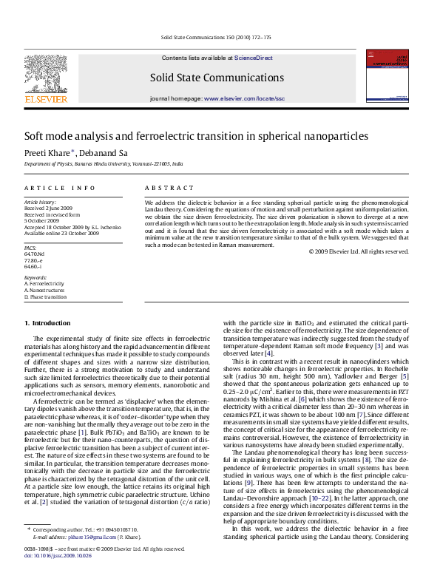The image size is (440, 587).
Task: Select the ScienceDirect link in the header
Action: pos(254,58)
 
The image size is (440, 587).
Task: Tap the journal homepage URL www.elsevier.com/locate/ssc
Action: pos(244,98)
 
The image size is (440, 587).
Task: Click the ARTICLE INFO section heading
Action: pos(60,189)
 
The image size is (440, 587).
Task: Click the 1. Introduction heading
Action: pos(48,323)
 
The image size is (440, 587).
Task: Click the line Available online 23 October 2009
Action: pos(61,232)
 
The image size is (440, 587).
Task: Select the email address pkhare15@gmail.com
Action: pos(81,537)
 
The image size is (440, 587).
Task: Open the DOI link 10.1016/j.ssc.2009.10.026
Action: pos(56,554)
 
